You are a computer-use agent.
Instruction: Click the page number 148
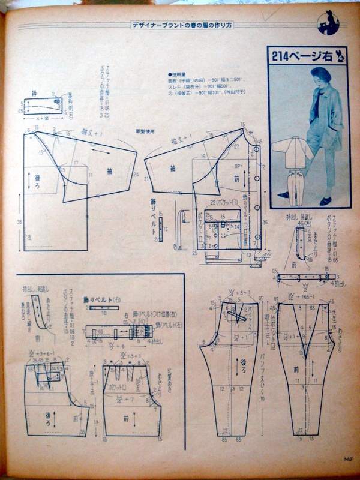[x=347, y=459]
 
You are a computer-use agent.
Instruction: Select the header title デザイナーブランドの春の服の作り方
[x=191, y=25]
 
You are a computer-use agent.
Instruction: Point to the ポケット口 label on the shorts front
[x=124, y=388]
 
